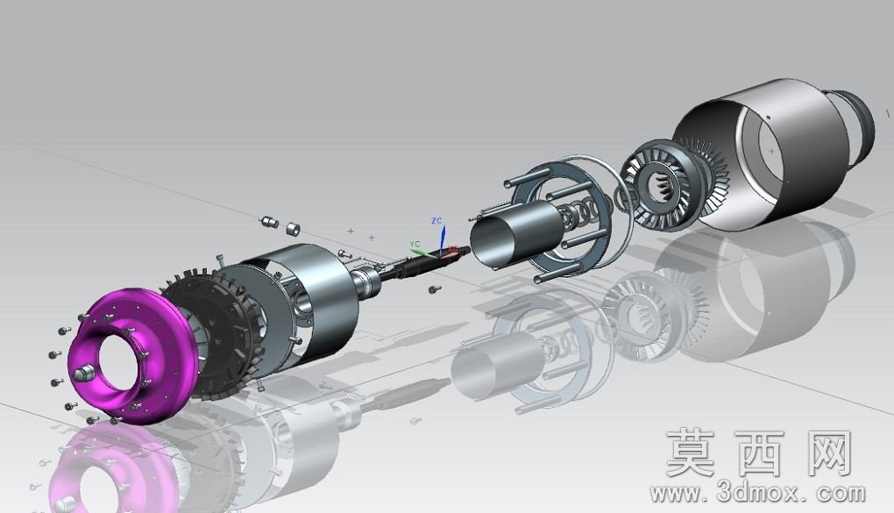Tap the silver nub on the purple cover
(x=82, y=374)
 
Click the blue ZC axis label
(x=436, y=221)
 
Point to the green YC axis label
(x=415, y=245)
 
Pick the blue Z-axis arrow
(x=443, y=239)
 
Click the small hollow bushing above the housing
(x=293, y=229)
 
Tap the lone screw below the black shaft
(x=433, y=290)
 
